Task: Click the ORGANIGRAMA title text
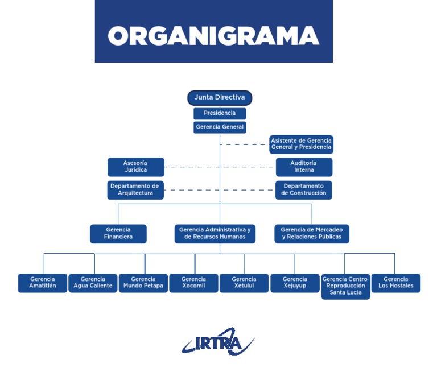(213, 35)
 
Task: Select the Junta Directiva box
(220, 98)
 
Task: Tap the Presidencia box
(220, 113)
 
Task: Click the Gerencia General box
(220, 127)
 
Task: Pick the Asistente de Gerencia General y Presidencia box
(301, 144)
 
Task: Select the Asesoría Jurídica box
(136, 167)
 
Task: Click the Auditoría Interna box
(304, 167)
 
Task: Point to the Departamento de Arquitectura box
(135, 190)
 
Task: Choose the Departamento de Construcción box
(304, 190)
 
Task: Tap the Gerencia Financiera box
(118, 233)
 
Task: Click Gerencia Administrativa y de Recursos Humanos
(215, 233)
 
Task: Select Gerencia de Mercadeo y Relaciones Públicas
(312, 233)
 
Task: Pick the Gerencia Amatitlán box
(43, 283)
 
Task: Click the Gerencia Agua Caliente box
(93, 283)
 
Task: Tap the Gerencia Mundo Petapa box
(143, 283)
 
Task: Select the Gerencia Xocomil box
(193, 283)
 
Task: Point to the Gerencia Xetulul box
(244, 283)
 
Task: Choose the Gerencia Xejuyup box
(295, 283)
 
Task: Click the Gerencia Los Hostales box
(395, 283)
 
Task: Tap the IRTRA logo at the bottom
(218, 342)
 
